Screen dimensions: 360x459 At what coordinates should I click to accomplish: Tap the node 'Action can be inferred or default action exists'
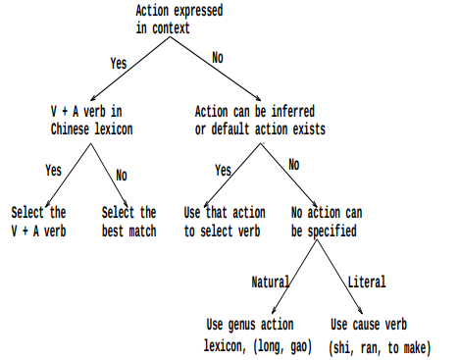[x=260, y=121]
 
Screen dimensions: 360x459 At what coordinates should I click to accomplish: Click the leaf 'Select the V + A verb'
[x=38, y=220]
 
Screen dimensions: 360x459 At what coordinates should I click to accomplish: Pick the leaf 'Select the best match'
[x=128, y=220]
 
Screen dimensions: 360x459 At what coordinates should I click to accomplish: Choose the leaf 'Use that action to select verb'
[x=225, y=220]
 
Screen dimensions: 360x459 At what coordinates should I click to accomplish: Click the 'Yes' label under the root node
[x=118, y=63]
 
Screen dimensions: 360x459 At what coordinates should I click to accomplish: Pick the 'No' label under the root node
[x=217, y=58]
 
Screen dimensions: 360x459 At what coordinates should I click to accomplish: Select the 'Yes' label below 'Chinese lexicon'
[x=53, y=170]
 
